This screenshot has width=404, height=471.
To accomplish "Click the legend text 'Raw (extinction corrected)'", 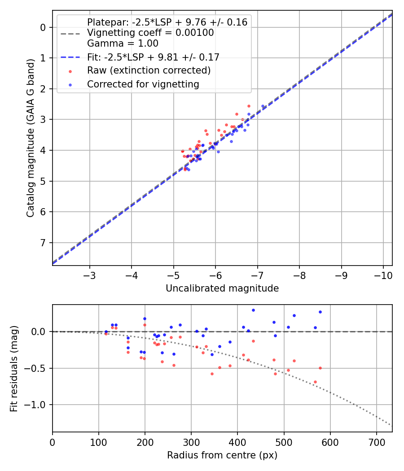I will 149,70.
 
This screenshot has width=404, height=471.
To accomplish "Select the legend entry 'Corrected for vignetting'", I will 143,84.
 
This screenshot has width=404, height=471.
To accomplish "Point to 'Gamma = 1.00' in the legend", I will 123,44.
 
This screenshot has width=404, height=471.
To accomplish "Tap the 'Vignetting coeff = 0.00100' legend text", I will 150,33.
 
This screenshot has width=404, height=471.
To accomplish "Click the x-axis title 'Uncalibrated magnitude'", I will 222,288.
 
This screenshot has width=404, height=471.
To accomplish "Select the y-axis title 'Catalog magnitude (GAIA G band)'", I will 31,137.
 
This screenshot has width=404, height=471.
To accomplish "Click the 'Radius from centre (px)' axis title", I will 222,455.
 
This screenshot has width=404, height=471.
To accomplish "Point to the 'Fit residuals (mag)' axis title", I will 14,368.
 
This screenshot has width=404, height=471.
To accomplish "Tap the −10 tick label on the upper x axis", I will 383,275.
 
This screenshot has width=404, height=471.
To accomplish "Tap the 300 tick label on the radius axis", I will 191,442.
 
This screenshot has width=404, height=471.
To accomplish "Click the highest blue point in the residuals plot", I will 253,310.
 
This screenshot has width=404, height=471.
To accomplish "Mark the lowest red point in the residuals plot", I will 315,382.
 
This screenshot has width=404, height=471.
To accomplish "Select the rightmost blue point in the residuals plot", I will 320,312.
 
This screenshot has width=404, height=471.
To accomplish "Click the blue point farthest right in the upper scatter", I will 263,106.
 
